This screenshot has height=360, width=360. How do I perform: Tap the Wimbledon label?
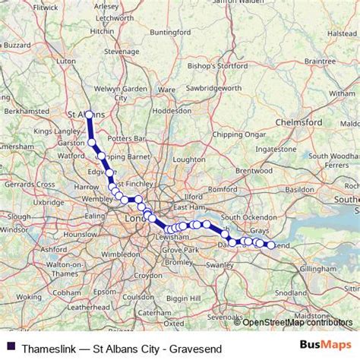click(x=110, y=254)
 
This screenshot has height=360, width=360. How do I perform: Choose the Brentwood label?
click(x=254, y=171)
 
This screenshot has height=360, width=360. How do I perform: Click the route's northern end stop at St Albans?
click(x=89, y=115)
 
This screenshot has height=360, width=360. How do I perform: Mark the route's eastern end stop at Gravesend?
click(x=271, y=245)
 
